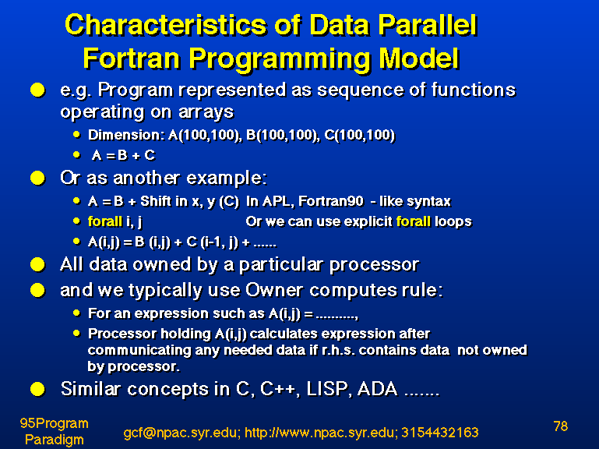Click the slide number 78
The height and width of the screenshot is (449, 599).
[560, 426]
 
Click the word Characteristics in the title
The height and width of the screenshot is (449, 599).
[165, 25]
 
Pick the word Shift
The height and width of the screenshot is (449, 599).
[156, 201]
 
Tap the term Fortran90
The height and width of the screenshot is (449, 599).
[331, 201]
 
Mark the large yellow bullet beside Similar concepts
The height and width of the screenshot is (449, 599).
[38, 389]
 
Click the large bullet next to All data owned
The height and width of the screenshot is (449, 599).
[38, 265]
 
